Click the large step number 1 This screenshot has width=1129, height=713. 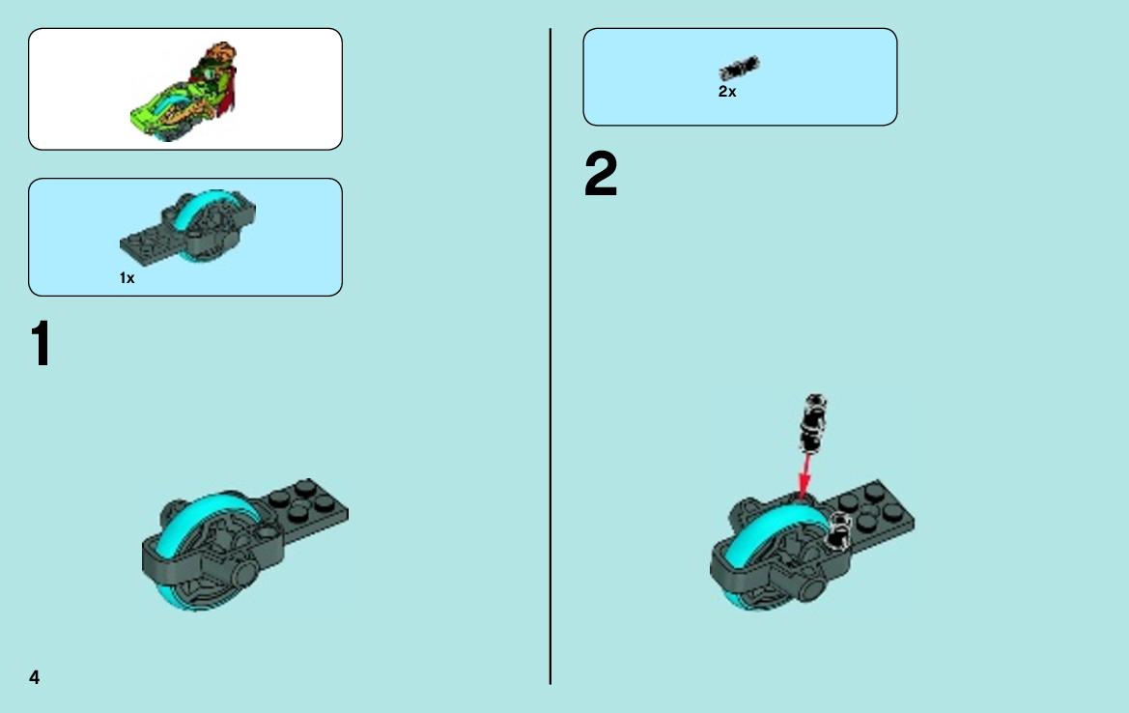point(41,344)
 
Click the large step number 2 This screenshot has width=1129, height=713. point(601,174)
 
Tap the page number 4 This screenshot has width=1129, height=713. point(34,677)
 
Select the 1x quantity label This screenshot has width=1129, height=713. point(127,278)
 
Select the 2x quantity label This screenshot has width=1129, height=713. point(727,92)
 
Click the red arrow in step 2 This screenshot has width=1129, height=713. point(805,475)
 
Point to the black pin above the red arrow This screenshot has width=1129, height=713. point(813,423)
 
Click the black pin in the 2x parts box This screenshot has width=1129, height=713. point(739,68)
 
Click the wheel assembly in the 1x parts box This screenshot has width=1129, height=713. point(188,226)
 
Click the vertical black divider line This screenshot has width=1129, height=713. point(550,356)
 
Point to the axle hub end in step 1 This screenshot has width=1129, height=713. point(243,574)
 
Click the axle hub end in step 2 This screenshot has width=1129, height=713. point(811,588)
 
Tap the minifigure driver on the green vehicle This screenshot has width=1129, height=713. point(216,72)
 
